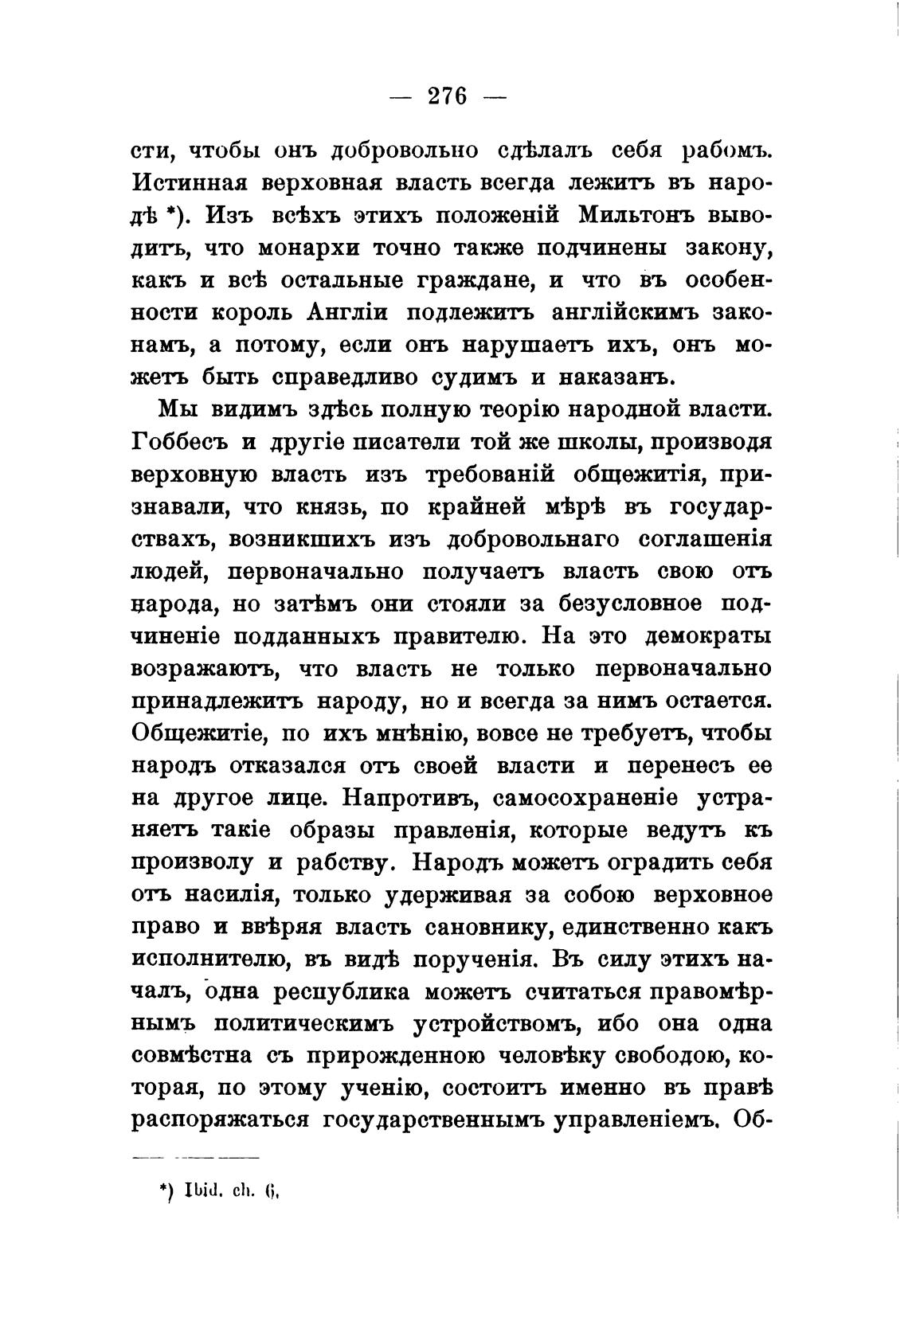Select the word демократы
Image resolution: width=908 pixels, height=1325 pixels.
(x=707, y=636)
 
